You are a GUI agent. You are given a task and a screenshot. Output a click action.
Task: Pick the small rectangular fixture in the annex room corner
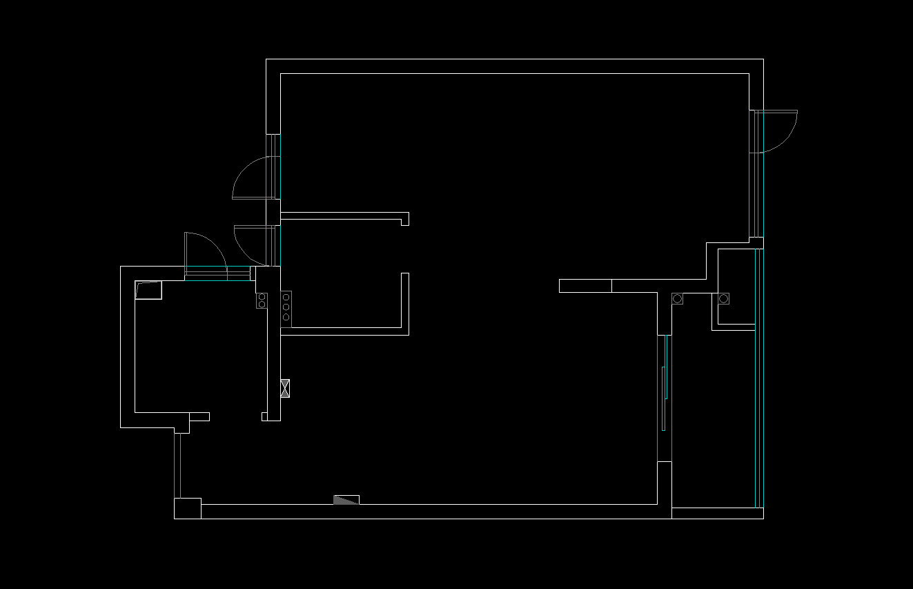tap(148, 290)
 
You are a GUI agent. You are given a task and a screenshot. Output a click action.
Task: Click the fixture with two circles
tap(262, 300)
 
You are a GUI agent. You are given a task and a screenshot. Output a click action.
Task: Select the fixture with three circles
tap(286, 307)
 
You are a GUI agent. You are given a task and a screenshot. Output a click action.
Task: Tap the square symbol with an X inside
tap(285, 388)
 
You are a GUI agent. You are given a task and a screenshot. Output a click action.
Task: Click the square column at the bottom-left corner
tap(187, 508)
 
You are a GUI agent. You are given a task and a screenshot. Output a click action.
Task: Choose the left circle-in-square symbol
tap(677, 298)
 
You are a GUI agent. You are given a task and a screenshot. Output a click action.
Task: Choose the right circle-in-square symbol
tap(723, 298)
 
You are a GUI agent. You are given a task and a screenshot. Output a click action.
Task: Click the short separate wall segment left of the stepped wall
tap(585, 286)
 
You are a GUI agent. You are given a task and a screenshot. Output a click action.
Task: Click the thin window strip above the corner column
tap(177, 465)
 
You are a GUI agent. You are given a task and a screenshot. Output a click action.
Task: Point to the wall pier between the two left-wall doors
tap(273, 212)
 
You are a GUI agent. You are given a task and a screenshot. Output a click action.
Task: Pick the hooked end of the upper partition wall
tap(405, 219)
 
